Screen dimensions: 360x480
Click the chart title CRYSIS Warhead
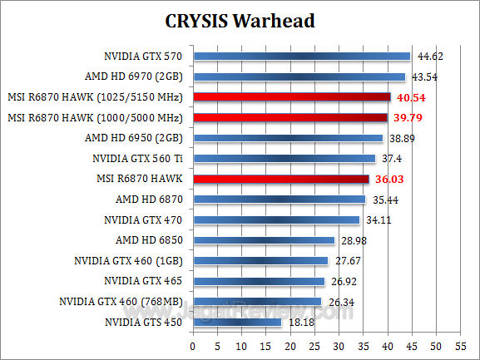click(x=240, y=20)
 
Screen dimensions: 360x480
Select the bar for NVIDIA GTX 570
click(x=301, y=57)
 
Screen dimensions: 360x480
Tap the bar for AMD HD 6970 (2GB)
click(x=299, y=77)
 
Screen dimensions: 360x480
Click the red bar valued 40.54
click(x=291, y=97)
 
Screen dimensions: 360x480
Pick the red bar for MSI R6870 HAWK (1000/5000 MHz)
click(x=289, y=117)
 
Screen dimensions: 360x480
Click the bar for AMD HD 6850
click(x=263, y=240)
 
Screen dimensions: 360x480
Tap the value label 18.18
click(x=301, y=322)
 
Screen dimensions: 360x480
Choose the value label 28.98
click(x=352, y=240)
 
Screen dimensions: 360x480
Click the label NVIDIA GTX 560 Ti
click(x=138, y=158)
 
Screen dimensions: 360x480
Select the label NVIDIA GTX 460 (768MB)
click(x=121, y=301)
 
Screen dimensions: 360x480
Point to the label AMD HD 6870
click(x=149, y=200)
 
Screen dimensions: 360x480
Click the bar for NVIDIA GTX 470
click(x=275, y=219)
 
